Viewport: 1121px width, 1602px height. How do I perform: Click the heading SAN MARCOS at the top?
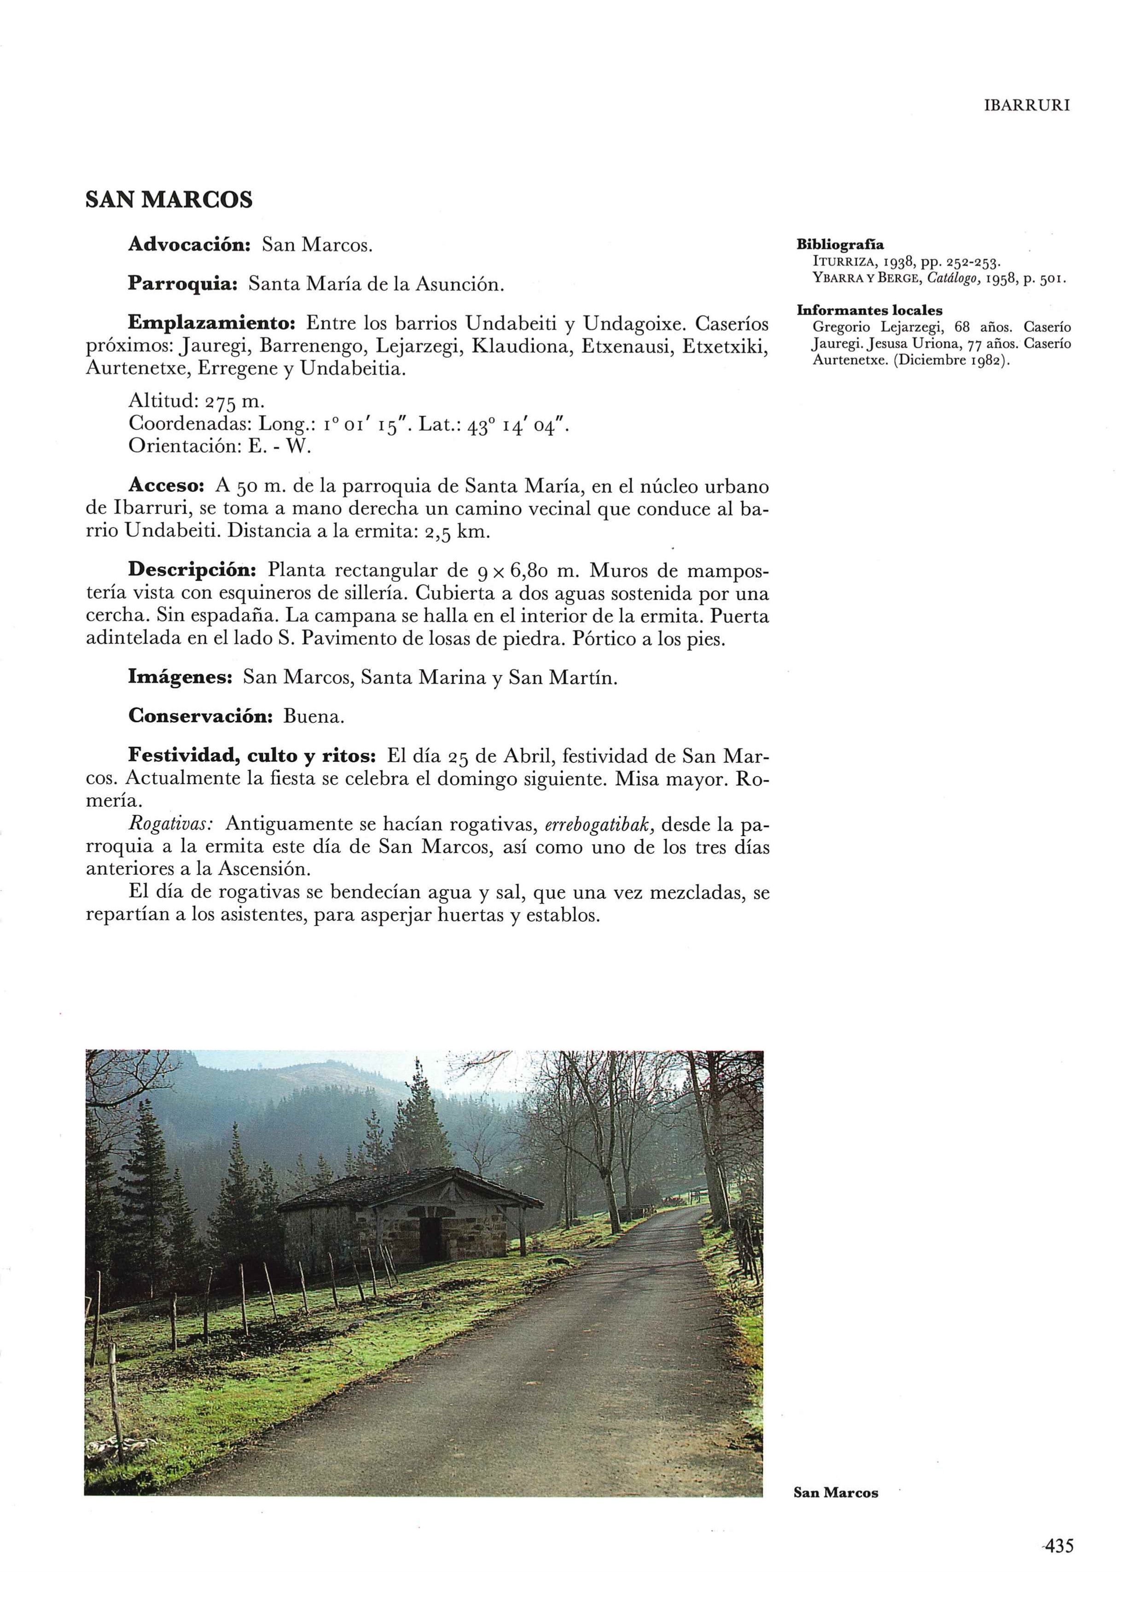click(x=169, y=200)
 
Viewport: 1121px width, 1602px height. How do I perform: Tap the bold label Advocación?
click(x=189, y=245)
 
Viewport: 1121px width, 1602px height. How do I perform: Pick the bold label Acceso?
click(x=166, y=485)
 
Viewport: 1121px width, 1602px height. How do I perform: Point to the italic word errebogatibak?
click(x=598, y=825)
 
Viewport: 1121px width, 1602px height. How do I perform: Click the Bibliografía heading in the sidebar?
click(x=840, y=245)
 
